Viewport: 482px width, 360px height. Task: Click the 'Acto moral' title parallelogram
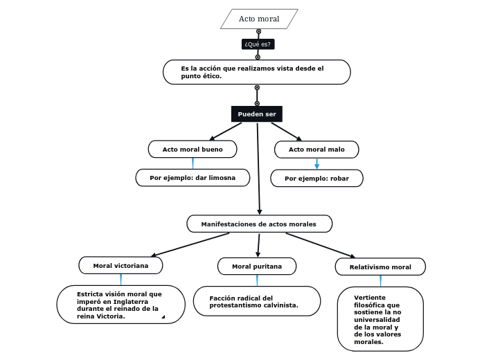coord(259,19)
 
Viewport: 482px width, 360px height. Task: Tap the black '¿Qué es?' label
coord(258,44)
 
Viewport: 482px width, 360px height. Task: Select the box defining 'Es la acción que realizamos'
coord(256,72)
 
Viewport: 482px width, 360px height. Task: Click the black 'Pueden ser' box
coord(257,114)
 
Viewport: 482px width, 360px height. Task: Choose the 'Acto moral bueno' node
coord(193,150)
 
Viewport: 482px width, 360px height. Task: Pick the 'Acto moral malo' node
coord(316,150)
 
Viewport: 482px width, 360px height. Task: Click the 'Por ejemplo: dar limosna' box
coord(193,178)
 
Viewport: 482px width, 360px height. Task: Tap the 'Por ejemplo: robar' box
coord(316,179)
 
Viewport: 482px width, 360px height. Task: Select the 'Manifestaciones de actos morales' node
coord(259,224)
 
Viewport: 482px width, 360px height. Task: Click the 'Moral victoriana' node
coord(120,266)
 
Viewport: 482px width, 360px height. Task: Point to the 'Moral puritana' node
coord(257,267)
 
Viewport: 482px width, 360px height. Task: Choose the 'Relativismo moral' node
coord(380,267)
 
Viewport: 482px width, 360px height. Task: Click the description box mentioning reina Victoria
coord(120,305)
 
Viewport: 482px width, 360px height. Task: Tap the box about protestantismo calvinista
coord(256,301)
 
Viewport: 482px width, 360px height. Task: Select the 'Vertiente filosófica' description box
coord(380,319)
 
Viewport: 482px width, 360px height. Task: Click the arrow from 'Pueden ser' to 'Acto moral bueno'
coord(226,132)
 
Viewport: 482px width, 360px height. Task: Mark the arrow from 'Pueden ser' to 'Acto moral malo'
coord(286,132)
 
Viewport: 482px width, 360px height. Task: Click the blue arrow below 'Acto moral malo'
coord(316,164)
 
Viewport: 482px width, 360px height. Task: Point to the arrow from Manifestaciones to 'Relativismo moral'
coord(320,245)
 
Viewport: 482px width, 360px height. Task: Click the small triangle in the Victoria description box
coord(163,317)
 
